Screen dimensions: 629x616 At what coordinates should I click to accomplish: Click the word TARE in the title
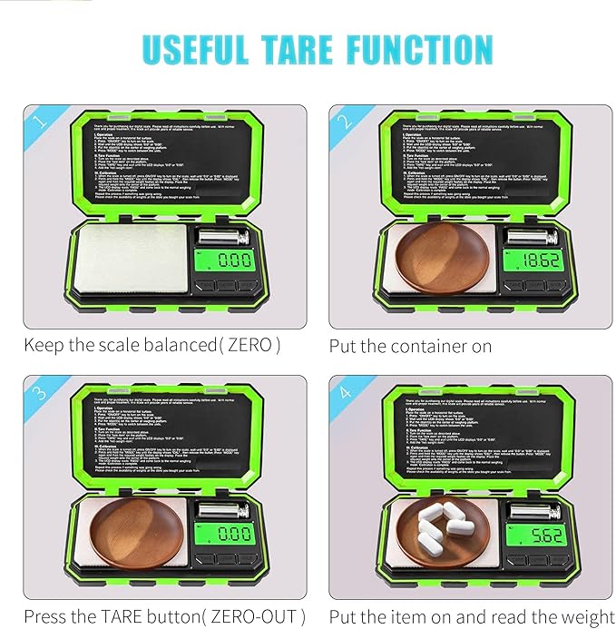pyautogui.click(x=308, y=48)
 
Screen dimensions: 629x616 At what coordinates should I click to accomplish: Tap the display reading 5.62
pyautogui.click(x=534, y=536)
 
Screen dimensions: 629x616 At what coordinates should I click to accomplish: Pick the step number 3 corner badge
pyautogui.click(x=37, y=391)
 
